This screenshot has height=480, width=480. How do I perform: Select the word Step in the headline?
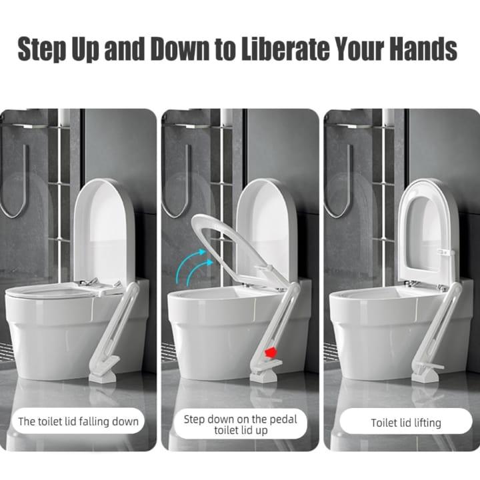tap(43, 49)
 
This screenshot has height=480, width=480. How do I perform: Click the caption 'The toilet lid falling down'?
tap(78, 421)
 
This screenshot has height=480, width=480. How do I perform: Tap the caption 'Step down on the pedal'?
tap(240, 419)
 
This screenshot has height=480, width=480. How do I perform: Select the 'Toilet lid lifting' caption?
tap(406, 423)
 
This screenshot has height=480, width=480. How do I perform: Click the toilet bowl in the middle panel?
tap(213, 327)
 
